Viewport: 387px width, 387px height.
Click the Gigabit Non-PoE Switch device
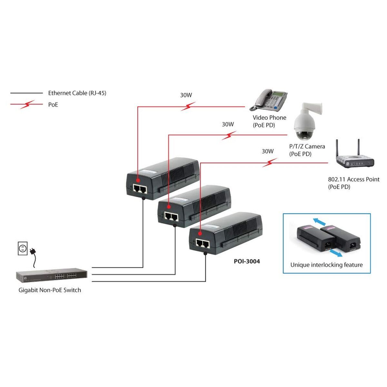pyautogui.click(x=52, y=276)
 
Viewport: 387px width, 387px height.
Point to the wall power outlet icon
pyautogui.click(x=22, y=249)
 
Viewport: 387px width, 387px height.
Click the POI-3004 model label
pyautogui.click(x=247, y=261)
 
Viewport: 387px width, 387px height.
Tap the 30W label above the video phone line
pyautogui.click(x=186, y=95)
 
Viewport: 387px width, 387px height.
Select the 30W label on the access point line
pyautogui.click(x=267, y=151)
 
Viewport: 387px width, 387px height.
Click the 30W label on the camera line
pyautogui.click(x=228, y=124)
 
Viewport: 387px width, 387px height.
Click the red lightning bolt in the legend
pyautogui.click(x=27, y=104)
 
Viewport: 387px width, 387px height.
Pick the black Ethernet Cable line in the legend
pyautogui.click(x=26, y=93)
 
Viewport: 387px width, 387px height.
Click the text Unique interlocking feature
pyautogui.click(x=326, y=265)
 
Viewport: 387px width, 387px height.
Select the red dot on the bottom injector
pyautogui.click(x=200, y=233)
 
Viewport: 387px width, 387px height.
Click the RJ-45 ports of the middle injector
pyautogui.click(x=171, y=216)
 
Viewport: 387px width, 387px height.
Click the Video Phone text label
pyautogui.click(x=269, y=118)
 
